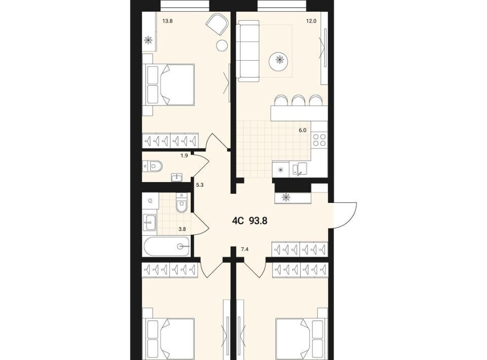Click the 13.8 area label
pos(167,21)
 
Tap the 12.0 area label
pos(311,21)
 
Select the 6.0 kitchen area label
pos(302,130)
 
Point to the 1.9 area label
pos(184,156)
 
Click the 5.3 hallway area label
pos(199,185)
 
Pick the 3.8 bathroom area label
pos(182,229)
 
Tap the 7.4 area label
pos(245,248)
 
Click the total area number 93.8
pos(258,221)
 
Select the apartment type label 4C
pos(237,221)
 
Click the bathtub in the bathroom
pos(166,246)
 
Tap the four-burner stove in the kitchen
pos(319,139)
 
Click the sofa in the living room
pos(248,51)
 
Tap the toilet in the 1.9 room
pos(153,166)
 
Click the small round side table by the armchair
pos(222,46)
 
